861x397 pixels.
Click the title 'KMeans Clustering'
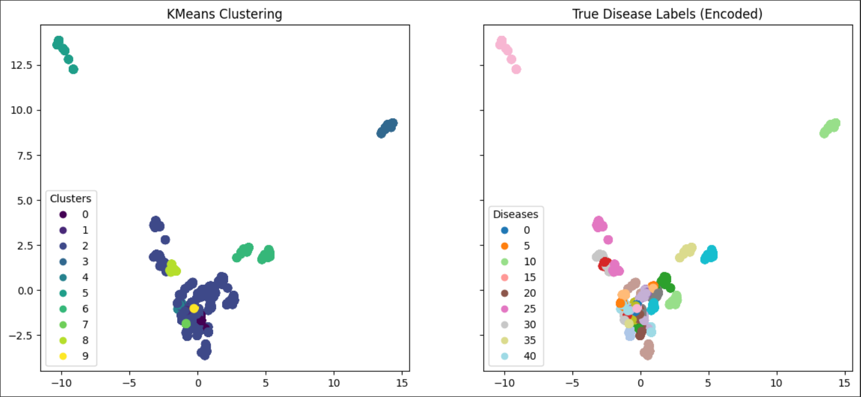(224, 15)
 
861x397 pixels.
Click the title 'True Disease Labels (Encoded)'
(667, 15)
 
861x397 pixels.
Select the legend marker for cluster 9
(63, 356)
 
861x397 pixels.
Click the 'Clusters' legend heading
(71, 198)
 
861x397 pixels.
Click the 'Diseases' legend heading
(515, 214)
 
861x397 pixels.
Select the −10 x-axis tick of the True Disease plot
(504, 382)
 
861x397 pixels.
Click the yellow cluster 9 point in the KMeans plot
(194, 308)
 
